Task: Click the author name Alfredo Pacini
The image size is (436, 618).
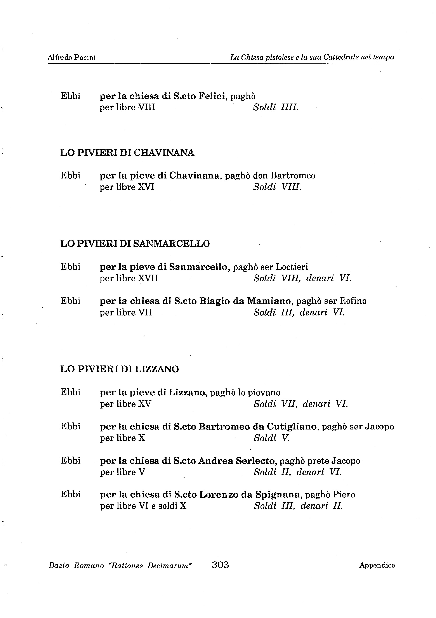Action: (72, 57)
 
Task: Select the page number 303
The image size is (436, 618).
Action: (220, 564)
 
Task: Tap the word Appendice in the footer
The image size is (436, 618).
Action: (377, 565)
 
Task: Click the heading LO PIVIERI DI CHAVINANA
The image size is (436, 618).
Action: (127, 153)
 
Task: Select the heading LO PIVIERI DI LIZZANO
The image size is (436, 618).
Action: (120, 369)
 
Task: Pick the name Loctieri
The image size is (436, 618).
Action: (292, 267)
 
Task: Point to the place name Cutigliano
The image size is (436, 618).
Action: (292, 427)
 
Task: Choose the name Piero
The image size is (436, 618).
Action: (344, 494)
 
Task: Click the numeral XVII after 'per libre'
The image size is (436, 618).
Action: (148, 278)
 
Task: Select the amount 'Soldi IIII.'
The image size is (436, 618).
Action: (276, 107)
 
